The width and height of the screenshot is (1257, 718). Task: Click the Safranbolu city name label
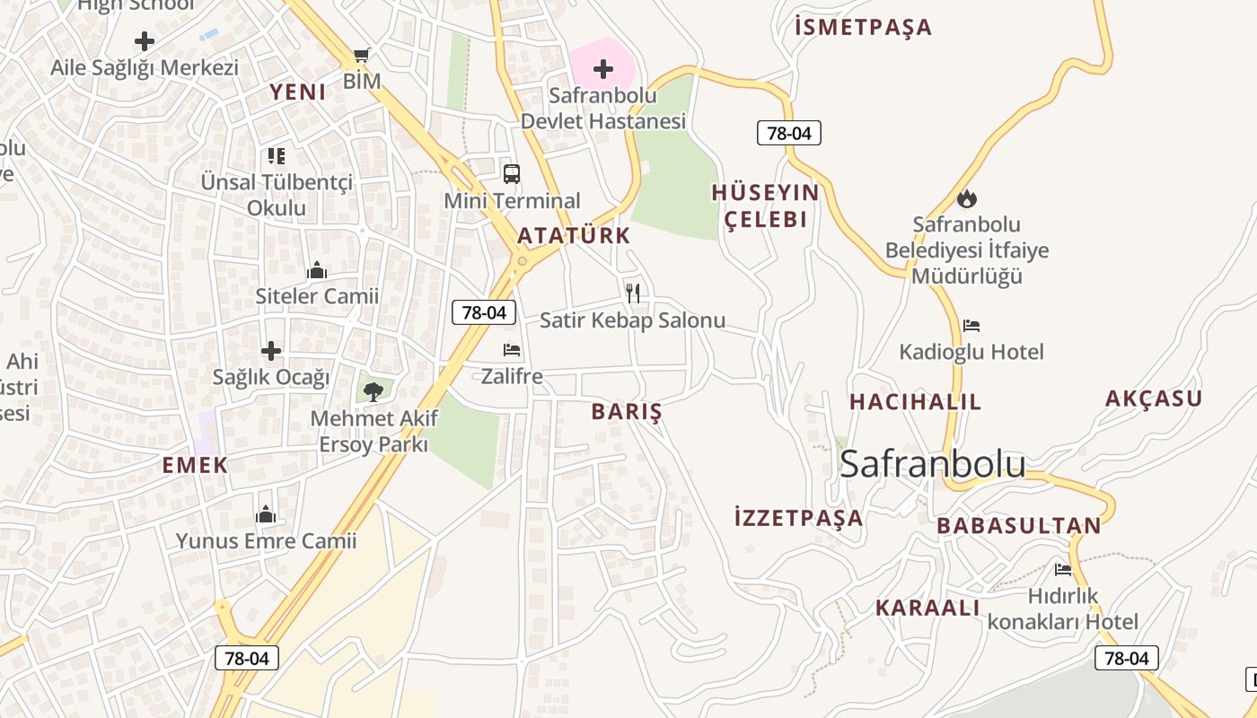click(932, 464)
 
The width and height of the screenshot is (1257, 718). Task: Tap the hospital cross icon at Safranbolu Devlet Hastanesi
click(603, 68)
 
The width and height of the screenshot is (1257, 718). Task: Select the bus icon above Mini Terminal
click(512, 174)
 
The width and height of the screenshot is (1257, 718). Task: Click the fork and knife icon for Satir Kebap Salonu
click(633, 293)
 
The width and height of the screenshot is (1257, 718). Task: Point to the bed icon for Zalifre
click(512, 350)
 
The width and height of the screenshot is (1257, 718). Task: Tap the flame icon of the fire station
click(967, 198)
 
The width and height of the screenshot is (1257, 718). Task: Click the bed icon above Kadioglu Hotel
click(971, 326)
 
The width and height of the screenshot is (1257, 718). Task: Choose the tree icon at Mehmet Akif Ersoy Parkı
click(374, 390)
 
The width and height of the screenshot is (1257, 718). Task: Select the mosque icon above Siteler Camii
click(317, 270)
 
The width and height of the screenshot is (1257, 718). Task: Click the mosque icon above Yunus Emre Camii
click(266, 514)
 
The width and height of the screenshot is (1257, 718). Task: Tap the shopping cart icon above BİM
click(362, 56)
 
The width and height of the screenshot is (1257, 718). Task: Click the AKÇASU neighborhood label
click(1153, 398)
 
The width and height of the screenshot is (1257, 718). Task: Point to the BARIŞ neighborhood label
click(627, 412)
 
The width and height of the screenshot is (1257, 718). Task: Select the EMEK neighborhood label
click(195, 465)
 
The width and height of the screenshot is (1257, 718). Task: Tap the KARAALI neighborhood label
click(927, 608)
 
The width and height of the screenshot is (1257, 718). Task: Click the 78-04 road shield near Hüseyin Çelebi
click(789, 133)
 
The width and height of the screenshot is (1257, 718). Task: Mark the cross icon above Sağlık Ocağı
click(271, 351)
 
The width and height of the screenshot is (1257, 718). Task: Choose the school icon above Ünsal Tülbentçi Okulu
click(277, 156)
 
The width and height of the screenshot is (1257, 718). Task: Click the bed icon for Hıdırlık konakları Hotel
click(1063, 569)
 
